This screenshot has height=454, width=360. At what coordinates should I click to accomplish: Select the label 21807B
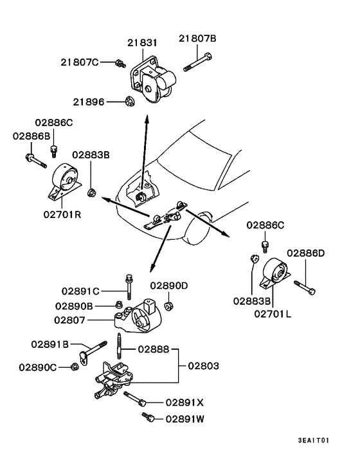(197, 39)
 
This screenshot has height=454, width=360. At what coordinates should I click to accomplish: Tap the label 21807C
(80, 62)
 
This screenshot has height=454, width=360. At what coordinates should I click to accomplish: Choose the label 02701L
(273, 313)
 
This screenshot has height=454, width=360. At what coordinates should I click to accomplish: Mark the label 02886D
(305, 253)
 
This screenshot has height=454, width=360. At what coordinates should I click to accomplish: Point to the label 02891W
(185, 418)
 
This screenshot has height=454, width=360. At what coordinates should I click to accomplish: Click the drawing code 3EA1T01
(313, 440)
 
